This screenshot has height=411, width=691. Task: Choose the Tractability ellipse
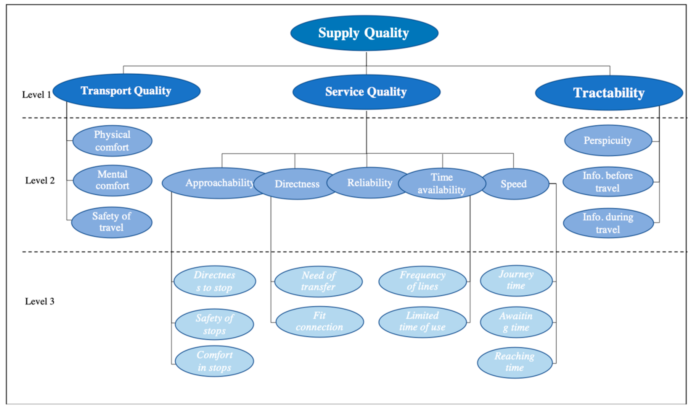(x=609, y=93)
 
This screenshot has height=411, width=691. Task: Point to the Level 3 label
(x=40, y=301)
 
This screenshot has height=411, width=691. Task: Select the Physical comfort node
(x=112, y=141)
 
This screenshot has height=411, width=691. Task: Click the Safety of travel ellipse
(x=112, y=222)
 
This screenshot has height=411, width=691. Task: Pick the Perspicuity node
(x=608, y=140)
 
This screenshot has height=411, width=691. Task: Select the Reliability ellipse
(x=370, y=183)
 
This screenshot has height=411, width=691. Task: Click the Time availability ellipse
(x=442, y=183)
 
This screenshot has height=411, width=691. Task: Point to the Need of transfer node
(x=318, y=281)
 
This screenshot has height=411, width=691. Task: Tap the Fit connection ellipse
(x=319, y=321)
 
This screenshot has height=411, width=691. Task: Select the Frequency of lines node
(x=422, y=281)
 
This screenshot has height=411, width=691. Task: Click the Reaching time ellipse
(x=515, y=362)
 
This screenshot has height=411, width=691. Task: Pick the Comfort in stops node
(x=214, y=361)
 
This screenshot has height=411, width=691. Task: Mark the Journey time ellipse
(x=516, y=280)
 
